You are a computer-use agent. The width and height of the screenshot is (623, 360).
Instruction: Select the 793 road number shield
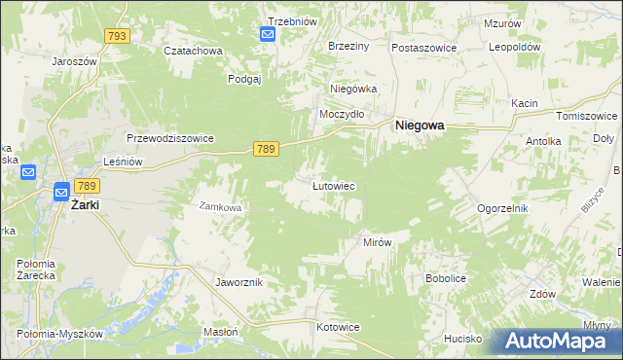coord(118,36)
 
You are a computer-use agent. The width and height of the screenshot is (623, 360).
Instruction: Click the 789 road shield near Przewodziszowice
coord(267,148)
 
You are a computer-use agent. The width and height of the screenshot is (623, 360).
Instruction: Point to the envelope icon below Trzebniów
coord(268,35)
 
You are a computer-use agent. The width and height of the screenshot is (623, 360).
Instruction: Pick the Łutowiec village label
coord(332,185)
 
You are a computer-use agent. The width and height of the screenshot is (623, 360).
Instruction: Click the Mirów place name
coord(377,241)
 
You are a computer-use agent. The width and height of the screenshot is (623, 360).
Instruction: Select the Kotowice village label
coord(338,327)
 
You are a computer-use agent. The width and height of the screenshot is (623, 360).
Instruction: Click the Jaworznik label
coord(238,281)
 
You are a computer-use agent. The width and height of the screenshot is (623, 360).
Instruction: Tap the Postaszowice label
coord(423,47)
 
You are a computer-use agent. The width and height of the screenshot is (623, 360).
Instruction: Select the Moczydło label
coord(343,114)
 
